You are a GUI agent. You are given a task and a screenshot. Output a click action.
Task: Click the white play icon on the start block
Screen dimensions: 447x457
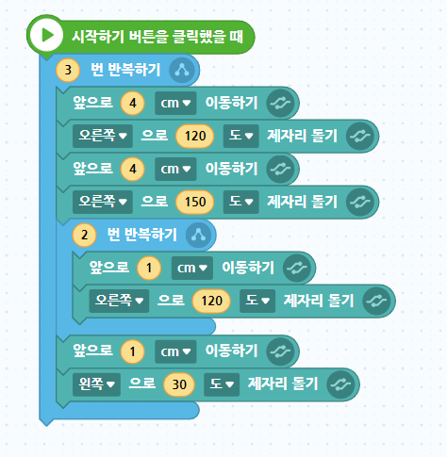46,36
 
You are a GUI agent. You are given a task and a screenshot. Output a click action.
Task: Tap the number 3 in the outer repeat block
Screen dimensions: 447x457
68,70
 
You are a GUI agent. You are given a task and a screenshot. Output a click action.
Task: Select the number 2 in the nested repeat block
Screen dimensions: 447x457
84,235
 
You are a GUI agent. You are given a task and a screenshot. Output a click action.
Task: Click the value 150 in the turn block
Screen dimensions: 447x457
195,202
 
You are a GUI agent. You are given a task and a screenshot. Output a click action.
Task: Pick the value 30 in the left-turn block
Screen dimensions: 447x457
179,384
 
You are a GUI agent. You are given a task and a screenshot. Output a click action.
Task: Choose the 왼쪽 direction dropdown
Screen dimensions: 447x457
96,384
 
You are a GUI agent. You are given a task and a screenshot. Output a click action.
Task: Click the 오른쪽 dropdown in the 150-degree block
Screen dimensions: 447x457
103,202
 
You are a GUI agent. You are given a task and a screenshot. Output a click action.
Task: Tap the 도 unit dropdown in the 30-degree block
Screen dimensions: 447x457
222,384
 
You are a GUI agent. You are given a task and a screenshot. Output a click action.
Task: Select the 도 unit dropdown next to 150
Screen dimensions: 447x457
241,202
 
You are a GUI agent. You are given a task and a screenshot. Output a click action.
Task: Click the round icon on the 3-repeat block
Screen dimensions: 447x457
182,70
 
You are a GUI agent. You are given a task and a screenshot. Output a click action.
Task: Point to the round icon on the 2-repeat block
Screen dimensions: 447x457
198,235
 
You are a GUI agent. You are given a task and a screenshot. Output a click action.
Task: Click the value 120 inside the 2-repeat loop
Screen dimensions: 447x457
211,301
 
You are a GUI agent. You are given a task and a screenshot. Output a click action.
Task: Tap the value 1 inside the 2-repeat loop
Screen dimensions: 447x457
149,268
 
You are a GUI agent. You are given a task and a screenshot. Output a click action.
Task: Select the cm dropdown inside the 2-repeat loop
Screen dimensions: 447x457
192,268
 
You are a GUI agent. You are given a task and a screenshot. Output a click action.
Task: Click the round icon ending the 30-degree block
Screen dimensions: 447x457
340,384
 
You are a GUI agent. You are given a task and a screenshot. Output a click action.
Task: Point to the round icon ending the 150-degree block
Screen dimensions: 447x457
360,202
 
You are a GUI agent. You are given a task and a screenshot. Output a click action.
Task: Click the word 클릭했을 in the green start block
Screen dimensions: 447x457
197,37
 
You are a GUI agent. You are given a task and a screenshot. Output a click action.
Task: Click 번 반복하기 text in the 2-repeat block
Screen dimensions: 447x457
142,235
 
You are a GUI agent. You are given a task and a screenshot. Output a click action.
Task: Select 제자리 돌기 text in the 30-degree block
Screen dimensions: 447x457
283,384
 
